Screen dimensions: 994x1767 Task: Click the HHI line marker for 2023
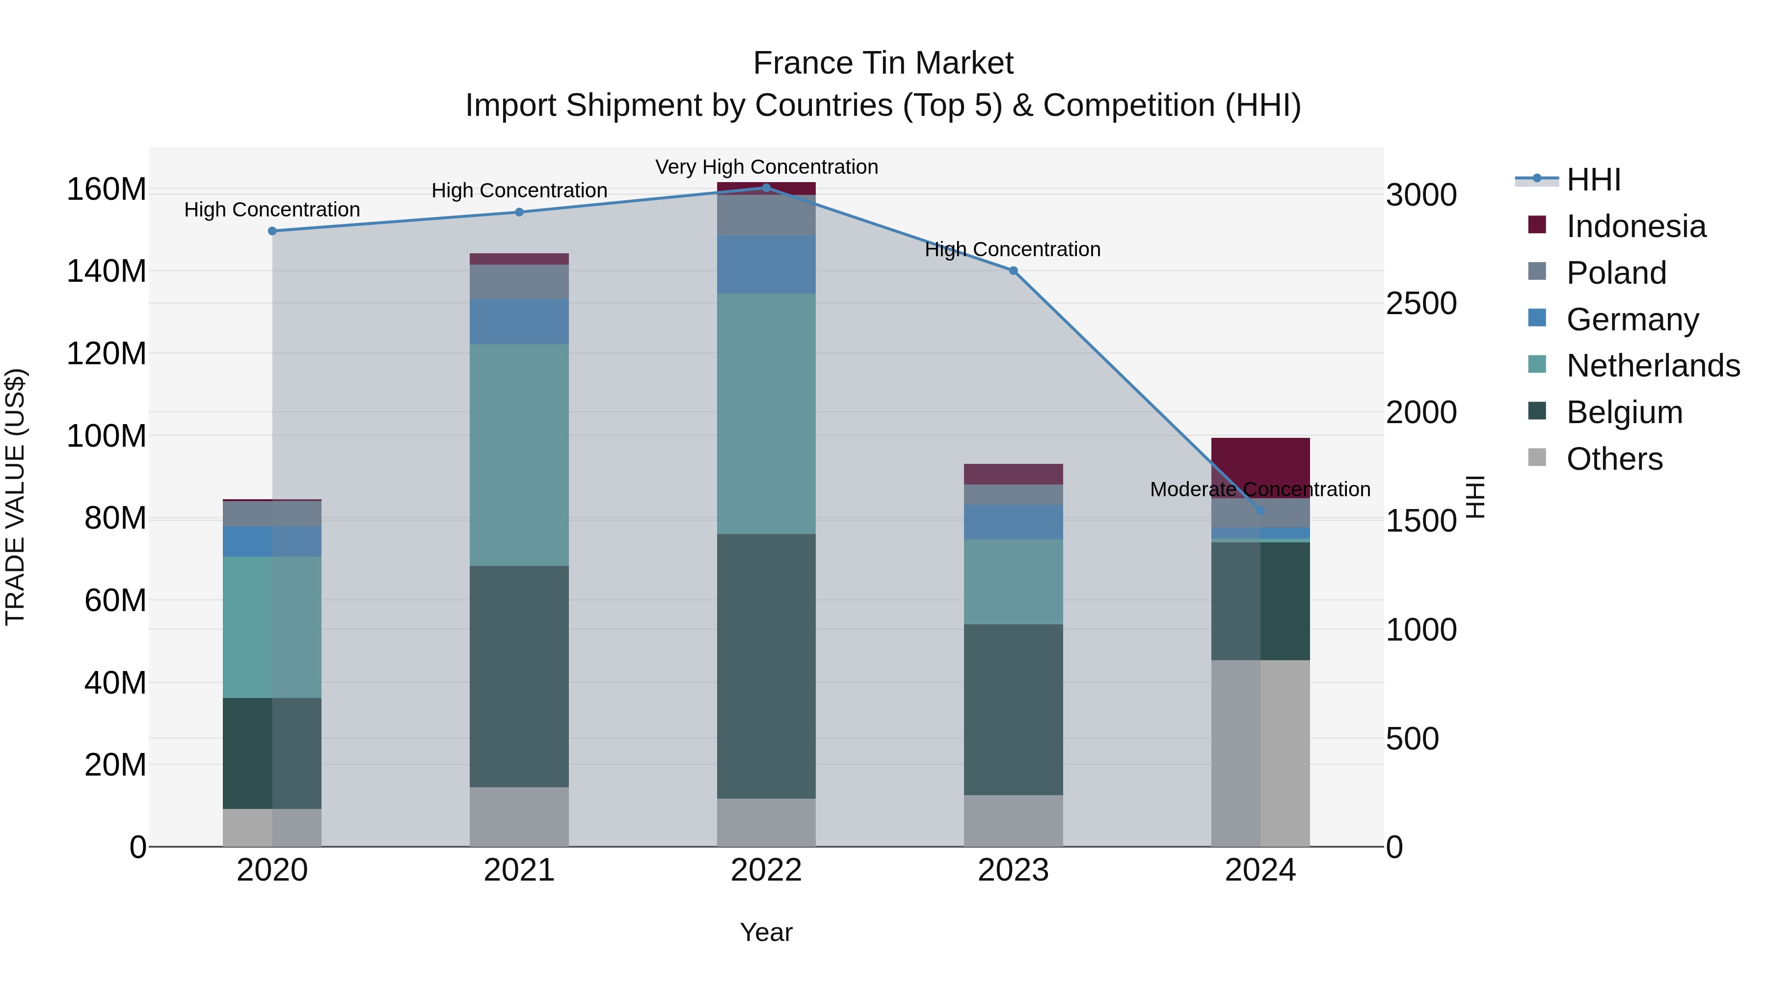click(x=1013, y=271)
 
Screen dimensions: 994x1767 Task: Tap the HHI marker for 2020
click(x=272, y=231)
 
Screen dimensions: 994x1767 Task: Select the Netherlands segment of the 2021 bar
click(x=519, y=455)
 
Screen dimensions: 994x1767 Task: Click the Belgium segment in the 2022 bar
click(x=766, y=666)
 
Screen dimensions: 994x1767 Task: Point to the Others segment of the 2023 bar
click(x=1013, y=821)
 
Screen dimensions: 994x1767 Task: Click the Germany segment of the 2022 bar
click(x=766, y=265)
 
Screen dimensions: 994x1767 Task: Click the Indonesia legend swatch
click(x=1537, y=225)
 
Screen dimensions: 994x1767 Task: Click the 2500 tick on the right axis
click(x=1420, y=304)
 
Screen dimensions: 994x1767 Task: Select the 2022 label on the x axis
click(x=766, y=870)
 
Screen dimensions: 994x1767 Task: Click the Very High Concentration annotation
click(x=766, y=167)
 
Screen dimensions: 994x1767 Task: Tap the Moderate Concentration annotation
click(x=1260, y=489)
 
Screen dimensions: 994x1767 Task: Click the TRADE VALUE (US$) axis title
click(x=15, y=497)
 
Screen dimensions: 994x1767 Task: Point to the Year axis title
click(x=766, y=932)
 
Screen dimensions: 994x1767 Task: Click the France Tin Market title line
click(x=883, y=63)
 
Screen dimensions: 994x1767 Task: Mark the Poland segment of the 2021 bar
click(x=519, y=282)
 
